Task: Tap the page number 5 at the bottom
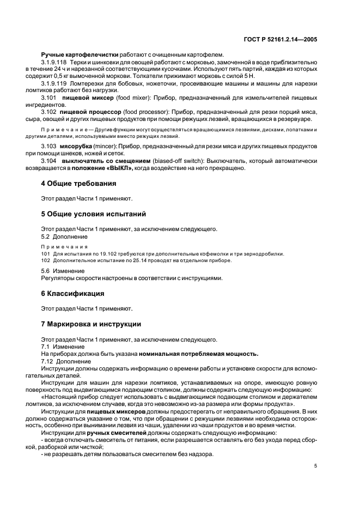pos(315,466)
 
